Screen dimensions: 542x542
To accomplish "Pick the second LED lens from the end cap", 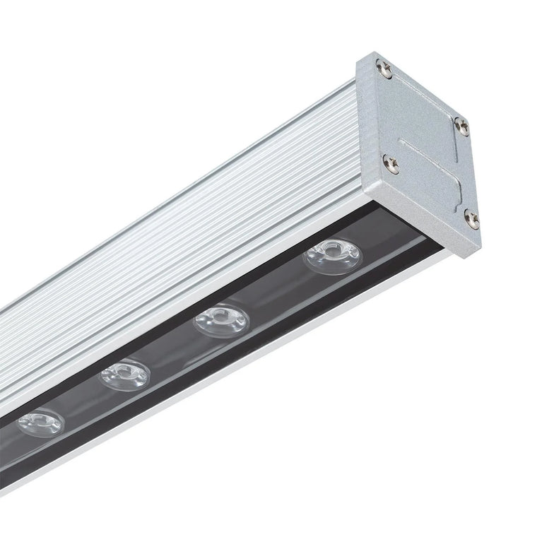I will click(222, 321).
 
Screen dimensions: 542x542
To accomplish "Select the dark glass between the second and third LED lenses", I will click(173, 350).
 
